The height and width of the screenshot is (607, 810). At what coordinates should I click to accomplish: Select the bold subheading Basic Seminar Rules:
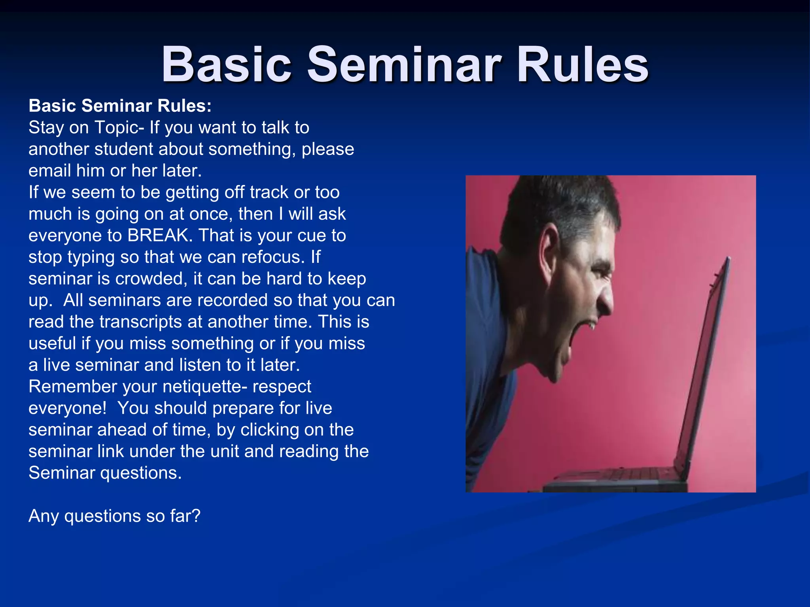point(120,106)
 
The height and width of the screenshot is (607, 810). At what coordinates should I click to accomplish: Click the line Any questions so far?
point(115,516)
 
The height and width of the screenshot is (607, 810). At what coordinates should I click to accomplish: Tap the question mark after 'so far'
point(196,516)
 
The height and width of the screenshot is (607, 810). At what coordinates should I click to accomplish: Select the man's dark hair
point(562,202)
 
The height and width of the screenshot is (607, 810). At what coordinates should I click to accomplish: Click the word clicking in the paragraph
point(269,430)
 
